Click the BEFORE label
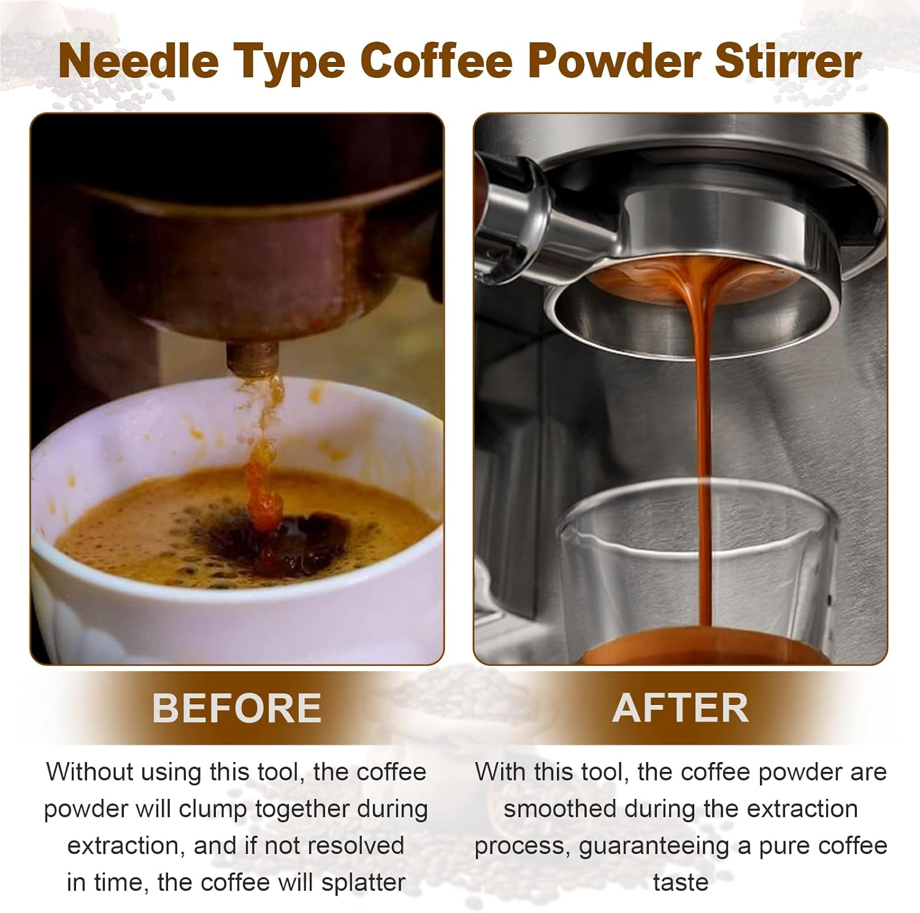[237, 707]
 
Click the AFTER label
[680, 707]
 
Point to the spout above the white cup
[252, 358]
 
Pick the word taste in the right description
[680, 882]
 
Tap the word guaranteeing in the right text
[654, 846]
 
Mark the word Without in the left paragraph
[90, 772]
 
